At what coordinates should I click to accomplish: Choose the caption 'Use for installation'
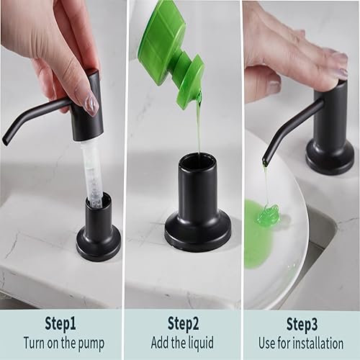coord(301,343)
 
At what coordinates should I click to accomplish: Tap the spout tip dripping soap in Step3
coord(266,159)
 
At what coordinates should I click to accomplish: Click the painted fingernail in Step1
coord(91,104)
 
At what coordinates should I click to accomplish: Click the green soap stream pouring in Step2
coord(199,126)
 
